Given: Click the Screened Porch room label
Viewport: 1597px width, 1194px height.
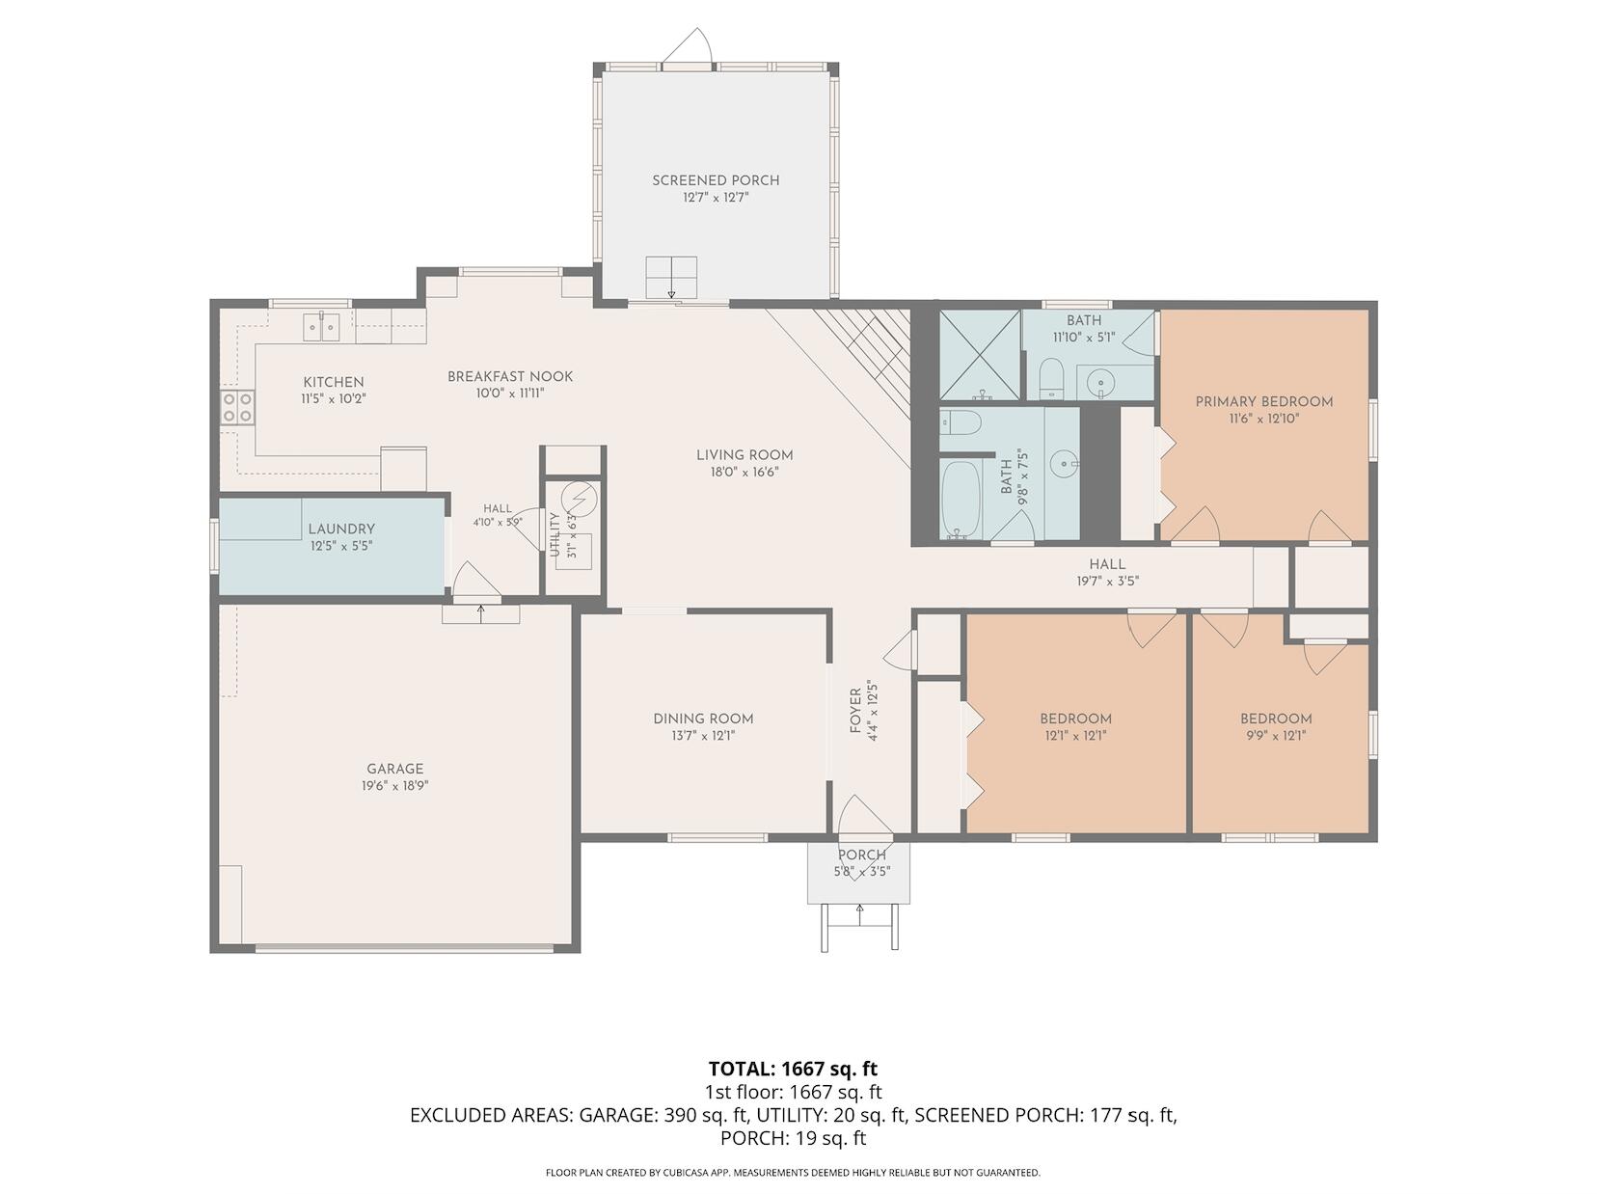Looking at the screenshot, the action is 716,180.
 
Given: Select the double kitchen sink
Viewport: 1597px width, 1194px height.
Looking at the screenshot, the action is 321,326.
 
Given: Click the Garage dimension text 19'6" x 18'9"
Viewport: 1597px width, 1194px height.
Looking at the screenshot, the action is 395,786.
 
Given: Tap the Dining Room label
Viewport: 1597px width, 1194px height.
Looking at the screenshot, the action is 703,719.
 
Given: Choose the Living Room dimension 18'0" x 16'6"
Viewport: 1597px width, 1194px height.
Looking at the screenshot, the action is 744,473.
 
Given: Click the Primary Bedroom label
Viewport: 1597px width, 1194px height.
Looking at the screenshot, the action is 1263,401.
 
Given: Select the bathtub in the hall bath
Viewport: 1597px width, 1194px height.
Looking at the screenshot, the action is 961,500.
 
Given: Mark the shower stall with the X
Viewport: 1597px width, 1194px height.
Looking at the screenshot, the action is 979,354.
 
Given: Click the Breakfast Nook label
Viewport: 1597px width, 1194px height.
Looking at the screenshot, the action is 510,376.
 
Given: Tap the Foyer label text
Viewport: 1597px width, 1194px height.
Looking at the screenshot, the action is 855,711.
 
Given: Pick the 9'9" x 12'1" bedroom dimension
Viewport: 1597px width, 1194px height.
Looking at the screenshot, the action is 1276,736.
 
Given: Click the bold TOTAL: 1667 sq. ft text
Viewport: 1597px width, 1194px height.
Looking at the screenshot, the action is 793,1069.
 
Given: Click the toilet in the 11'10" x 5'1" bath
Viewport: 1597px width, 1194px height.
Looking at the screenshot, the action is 1050,378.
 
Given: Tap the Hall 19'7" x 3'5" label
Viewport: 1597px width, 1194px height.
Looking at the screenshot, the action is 1107,573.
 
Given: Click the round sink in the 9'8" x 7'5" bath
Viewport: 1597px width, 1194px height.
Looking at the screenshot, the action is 1066,463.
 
